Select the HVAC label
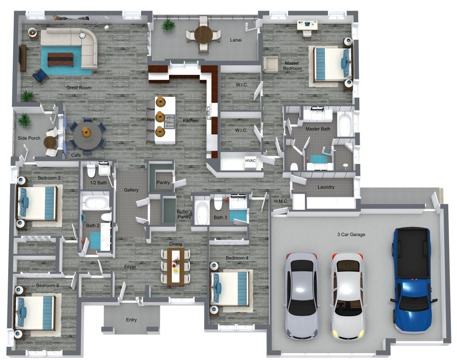(250, 161)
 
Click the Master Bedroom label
(292, 66)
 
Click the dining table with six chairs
(175, 267)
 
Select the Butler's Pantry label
(185, 214)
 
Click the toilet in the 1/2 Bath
(90, 170)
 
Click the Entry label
(131, 320)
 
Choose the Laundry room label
(326, 187)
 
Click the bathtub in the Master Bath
(345, 124)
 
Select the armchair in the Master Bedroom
(270, 64)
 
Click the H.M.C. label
(280, 201)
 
